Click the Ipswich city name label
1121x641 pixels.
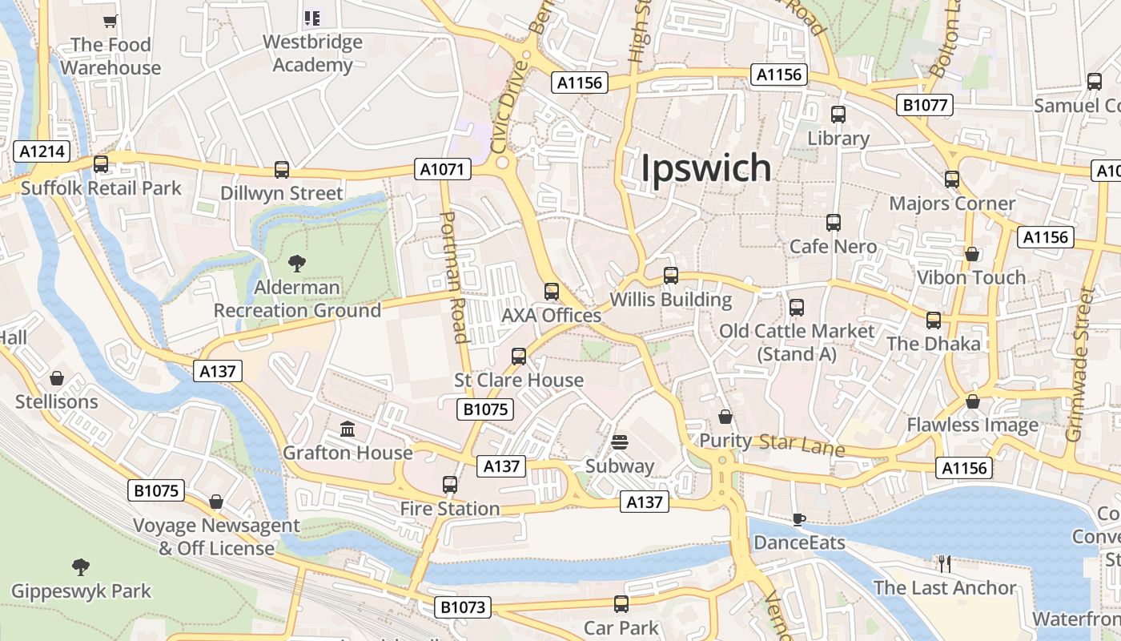pos(707,168)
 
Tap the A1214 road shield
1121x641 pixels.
pos(42,151)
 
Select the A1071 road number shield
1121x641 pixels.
pos(443,169)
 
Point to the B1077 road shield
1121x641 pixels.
pos(925,105)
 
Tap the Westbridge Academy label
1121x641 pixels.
pos(312,53)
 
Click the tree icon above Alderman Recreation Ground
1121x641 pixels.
pos(297,262)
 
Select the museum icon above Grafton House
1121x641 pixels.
pos(348,430)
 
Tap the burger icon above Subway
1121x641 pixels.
pos(619,442)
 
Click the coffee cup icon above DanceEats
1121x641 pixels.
pos(798,519)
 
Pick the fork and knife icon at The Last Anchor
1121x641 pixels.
pos(944,564)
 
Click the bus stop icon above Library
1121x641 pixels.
pos(838,115)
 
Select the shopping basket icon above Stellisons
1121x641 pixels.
pos(57,378)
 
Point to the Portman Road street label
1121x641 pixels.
pos(454,276)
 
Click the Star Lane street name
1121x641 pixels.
pos(802,445)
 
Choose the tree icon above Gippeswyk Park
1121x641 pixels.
pos(81,568)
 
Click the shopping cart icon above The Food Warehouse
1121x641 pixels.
pos(110,22)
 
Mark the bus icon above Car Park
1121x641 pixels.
pos(621,604)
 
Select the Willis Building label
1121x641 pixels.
pos(671,300)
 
